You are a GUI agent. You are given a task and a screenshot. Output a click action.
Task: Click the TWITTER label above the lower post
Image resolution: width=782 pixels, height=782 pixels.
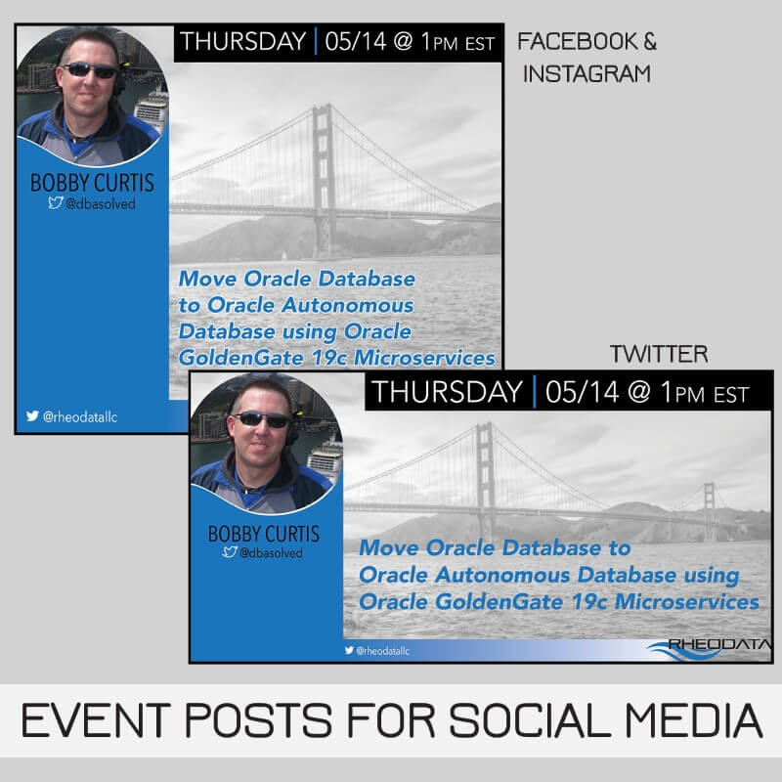click(658, 353)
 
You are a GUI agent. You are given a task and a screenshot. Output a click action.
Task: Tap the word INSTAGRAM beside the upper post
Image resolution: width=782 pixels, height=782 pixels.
click(586, 73)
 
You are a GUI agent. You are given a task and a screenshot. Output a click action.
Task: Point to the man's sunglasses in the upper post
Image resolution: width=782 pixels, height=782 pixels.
click(89, 70)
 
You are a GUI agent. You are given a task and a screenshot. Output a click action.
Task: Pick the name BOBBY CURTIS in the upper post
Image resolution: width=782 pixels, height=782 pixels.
click(93, 183)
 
